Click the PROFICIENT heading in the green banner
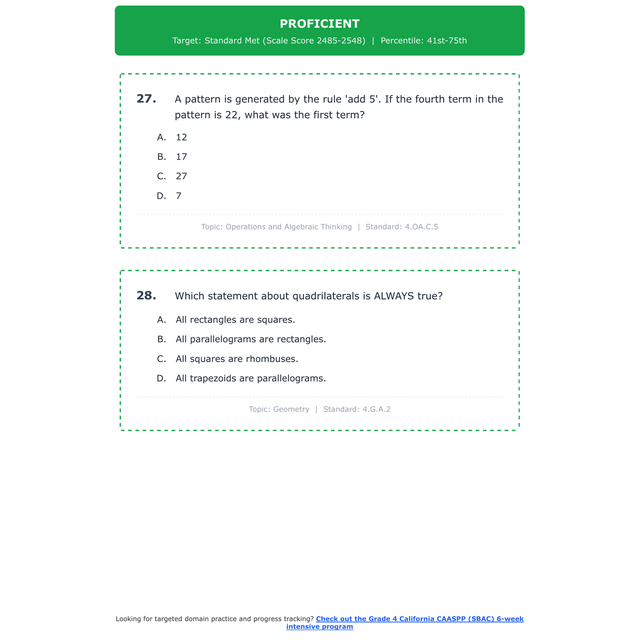tap(320, 24)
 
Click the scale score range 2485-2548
tap(341, 41)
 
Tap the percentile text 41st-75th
tap(447, 41)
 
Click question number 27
tap(146, 99)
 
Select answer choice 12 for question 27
tap(181, 137)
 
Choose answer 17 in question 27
tap(181, 157)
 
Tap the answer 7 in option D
tap(179, 196)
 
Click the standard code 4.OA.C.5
tap(421, 227)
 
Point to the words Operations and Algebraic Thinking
tap(288, 227)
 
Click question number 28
tap(146, 296)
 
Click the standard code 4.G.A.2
tap(376, 410)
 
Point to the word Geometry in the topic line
tap(291, 410)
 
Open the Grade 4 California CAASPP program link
tap(419, 619)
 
